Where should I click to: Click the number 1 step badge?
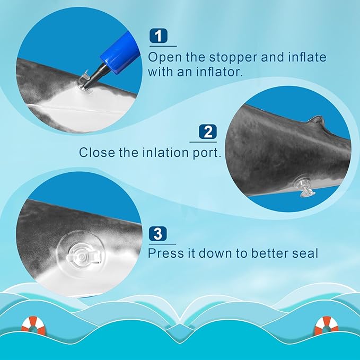159,36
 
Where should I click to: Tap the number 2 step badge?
207,131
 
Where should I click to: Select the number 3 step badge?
157,234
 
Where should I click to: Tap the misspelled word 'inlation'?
165,153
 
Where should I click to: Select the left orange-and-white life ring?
34,326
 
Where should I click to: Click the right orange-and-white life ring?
326,326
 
